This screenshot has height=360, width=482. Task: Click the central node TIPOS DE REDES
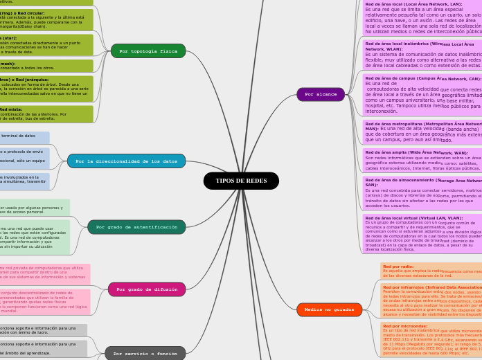pos(241,181)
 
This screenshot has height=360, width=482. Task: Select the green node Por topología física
pos(148,51)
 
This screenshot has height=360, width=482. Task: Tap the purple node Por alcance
pos(321,94)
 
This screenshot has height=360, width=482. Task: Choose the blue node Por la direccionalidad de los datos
pos(126,161)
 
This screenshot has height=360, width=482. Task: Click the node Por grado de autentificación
pos(136,227)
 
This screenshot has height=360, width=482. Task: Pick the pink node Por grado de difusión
pos(147,289)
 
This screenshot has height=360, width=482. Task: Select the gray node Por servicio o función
pos(145,353)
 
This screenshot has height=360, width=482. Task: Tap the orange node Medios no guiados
pos(329,309)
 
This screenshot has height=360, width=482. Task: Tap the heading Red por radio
pos(398,267)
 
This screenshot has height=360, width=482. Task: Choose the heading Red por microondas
pos(405,326)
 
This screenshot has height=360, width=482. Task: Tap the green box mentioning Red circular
pos(46,19)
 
